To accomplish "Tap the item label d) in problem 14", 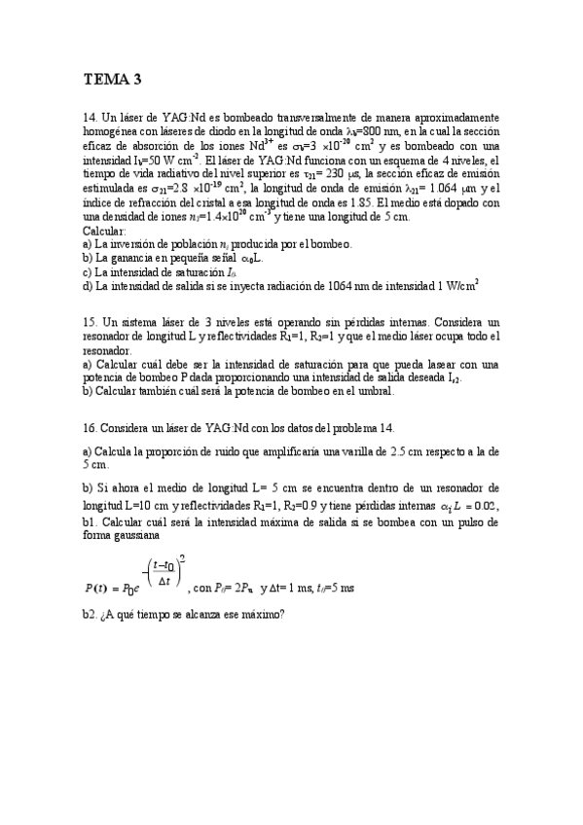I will click(x=88, y=285).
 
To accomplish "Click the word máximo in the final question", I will click(x=258, y=615).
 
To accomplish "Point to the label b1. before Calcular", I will click(x=91, y=520).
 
